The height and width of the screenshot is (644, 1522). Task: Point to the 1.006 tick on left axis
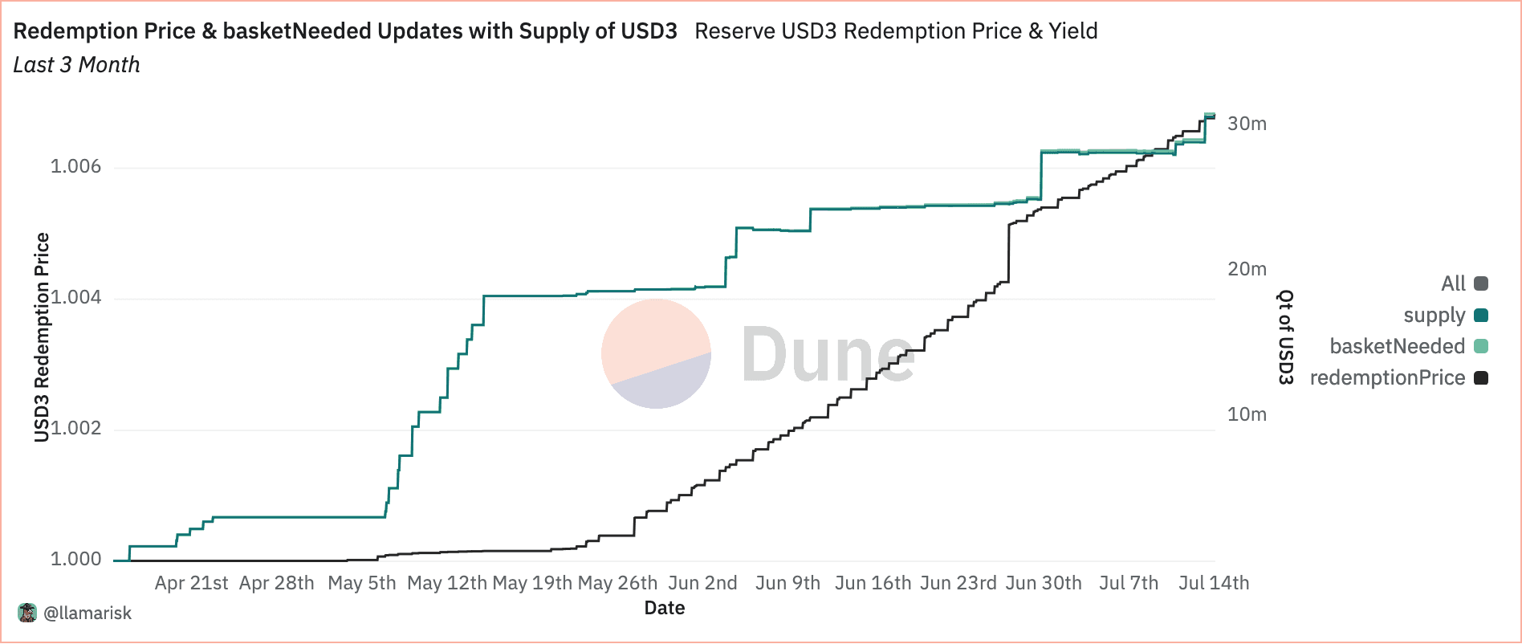76,166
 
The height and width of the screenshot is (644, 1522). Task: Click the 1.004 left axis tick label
76,297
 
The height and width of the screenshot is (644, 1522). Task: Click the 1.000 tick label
76,559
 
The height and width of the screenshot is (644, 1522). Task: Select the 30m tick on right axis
1247,124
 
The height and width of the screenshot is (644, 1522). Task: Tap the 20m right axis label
1247,269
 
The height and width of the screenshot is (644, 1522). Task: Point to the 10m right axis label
1247,414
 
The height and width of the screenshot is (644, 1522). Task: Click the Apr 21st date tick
191,583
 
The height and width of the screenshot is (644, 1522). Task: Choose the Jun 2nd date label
702,583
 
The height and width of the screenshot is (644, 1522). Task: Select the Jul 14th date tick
1213,583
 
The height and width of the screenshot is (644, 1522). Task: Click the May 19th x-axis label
531,583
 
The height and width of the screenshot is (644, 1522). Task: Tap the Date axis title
665,608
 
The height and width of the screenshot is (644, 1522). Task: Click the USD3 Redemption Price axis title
42,337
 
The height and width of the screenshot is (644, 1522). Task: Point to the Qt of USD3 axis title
1286,337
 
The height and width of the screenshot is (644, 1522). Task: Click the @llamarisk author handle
87,613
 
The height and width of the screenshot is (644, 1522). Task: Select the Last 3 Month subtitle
77,65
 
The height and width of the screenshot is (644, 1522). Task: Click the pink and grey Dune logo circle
656,353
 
